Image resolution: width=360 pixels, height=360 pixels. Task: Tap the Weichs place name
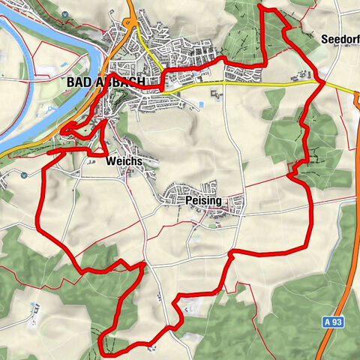(x=124, y=161)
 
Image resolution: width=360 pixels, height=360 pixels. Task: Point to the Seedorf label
(x=339, y=38)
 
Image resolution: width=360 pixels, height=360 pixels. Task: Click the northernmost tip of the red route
(x=259, y=6)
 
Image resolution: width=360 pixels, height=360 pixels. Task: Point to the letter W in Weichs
(x=111, y=161)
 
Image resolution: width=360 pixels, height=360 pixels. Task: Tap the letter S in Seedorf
(x=324, y=38)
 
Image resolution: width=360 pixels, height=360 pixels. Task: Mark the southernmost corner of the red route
(x=102, y=354)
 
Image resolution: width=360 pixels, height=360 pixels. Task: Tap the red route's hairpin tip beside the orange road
(x=63, y=131)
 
